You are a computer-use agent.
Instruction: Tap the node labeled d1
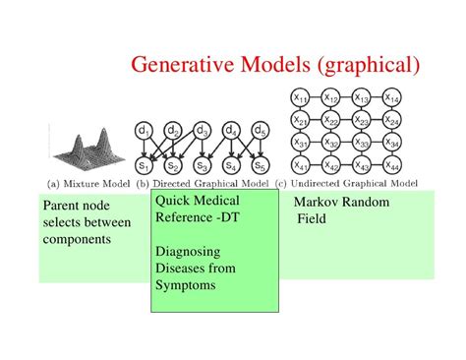click(144, 131)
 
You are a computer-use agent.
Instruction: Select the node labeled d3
click(202, 131)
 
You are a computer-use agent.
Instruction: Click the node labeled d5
click(261, 131)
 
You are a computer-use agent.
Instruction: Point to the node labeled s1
click(144, 165)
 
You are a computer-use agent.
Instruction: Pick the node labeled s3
click(202, 165)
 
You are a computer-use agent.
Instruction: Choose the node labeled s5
click(261, 165)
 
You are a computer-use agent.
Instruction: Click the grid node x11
click(300, 97)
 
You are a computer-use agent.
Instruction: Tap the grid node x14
click(392, 97)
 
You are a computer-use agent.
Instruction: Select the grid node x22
click(331, 120)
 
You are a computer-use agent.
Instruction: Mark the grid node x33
click(362, 143)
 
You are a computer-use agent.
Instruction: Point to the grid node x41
click(300, 165)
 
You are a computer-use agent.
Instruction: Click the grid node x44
click(392, 165)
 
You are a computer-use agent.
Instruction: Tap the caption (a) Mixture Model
click(88, 184)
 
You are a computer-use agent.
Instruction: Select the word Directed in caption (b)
click(172, 184)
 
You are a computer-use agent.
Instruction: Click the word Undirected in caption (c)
click(315, 183)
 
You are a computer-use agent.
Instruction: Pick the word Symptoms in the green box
click(186, 285)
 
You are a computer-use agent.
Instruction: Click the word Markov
click(317, 202)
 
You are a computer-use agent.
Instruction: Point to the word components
click(77, 240)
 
